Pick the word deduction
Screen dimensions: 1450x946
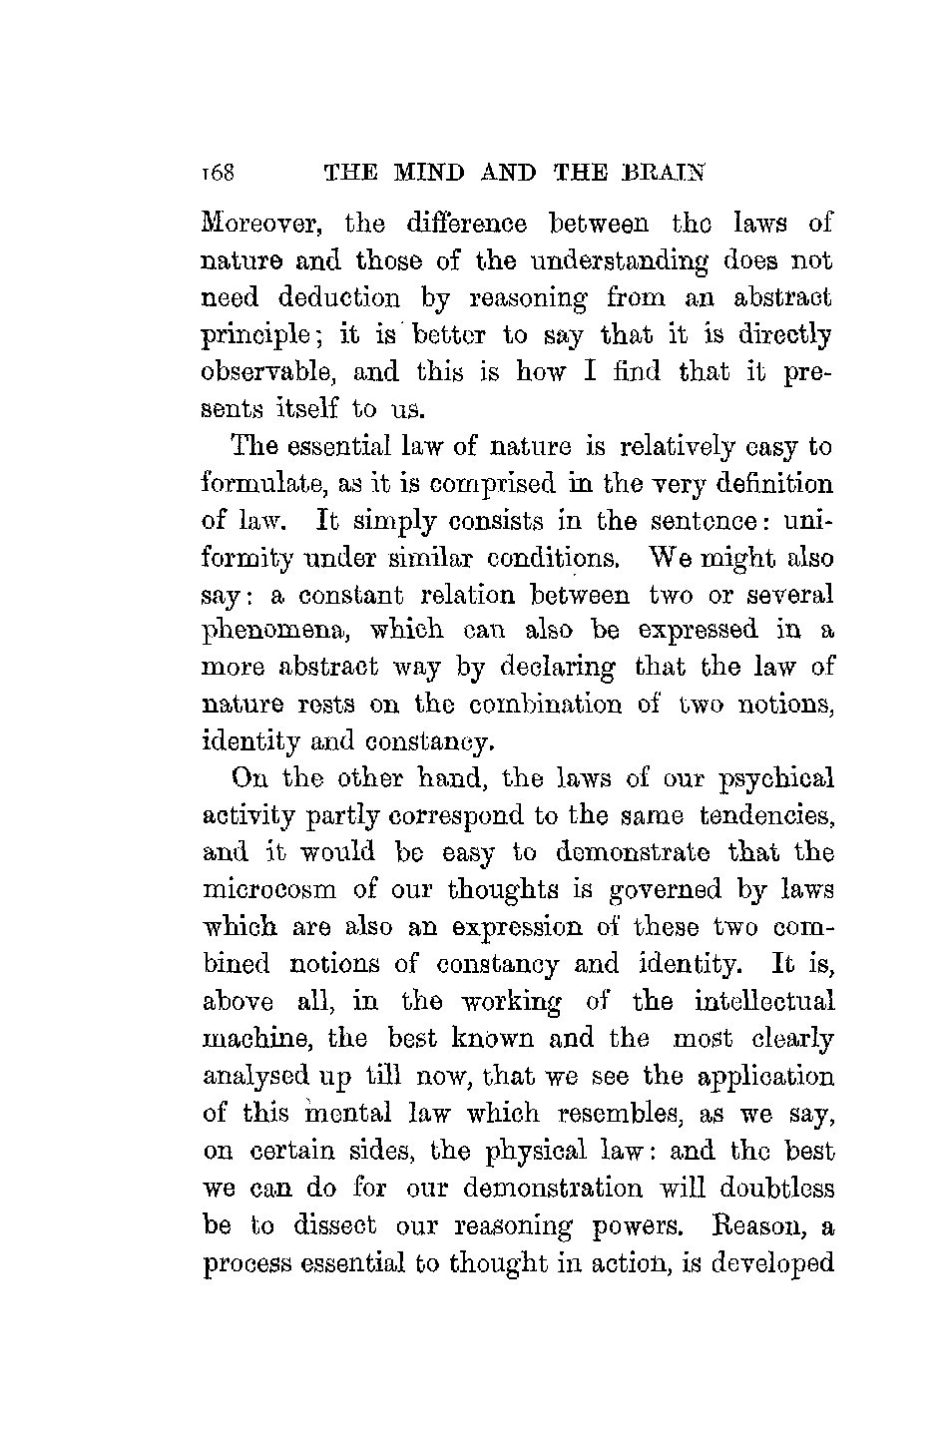[x=325, y=298]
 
